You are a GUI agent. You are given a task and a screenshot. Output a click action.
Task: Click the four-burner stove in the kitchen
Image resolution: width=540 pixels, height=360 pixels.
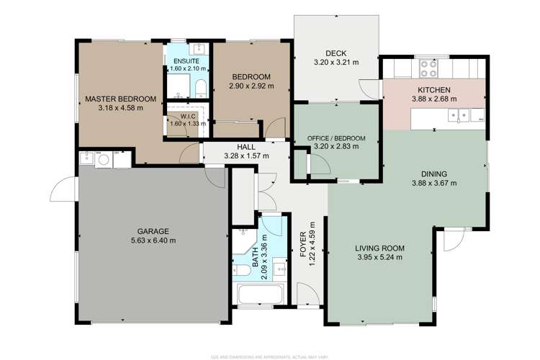click(429, 68)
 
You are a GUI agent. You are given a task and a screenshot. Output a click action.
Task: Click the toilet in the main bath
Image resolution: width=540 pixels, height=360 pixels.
click(243, 270)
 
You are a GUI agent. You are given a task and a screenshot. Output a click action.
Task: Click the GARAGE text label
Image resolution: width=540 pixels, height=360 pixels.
click(153, 231)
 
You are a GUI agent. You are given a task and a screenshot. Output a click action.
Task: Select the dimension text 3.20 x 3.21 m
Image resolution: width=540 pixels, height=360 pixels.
click(336, 63)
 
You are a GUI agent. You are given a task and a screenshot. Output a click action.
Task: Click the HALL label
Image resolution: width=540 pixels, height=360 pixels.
click(246, 145)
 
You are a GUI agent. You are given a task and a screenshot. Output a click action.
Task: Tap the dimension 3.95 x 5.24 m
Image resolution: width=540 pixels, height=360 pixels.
click(378, 257)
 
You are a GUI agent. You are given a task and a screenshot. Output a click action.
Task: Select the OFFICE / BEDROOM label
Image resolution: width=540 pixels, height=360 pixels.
click(336, 138)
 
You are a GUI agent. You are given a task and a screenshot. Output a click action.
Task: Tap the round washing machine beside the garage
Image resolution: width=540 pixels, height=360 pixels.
click(103, 159)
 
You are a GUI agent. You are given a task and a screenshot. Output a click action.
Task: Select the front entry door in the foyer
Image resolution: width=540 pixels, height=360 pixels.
click(307, 295)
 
